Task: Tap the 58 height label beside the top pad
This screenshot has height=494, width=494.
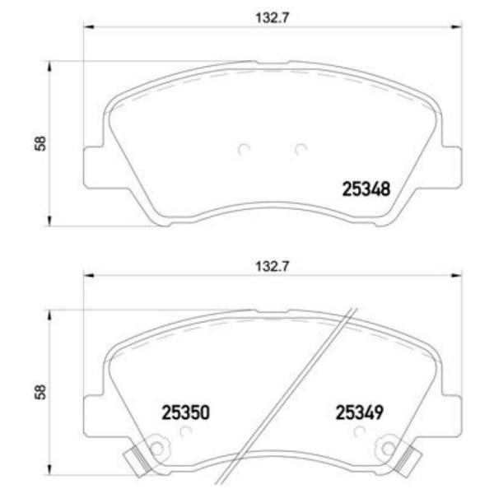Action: pos(39,142)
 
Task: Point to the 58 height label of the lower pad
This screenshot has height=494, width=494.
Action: pos(39,392)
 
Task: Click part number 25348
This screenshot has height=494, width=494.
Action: pos(365,189)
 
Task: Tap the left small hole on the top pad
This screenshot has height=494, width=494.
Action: pos(242,149)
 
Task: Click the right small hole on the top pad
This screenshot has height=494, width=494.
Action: pos(300,149)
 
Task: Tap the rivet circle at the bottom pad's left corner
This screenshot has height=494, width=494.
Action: pos(156,449)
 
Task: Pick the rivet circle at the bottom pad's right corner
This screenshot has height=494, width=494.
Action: pos(384,449)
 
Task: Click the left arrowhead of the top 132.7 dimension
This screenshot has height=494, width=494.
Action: pos(85,28)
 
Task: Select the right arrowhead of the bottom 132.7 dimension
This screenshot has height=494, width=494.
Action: pos(458,277)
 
